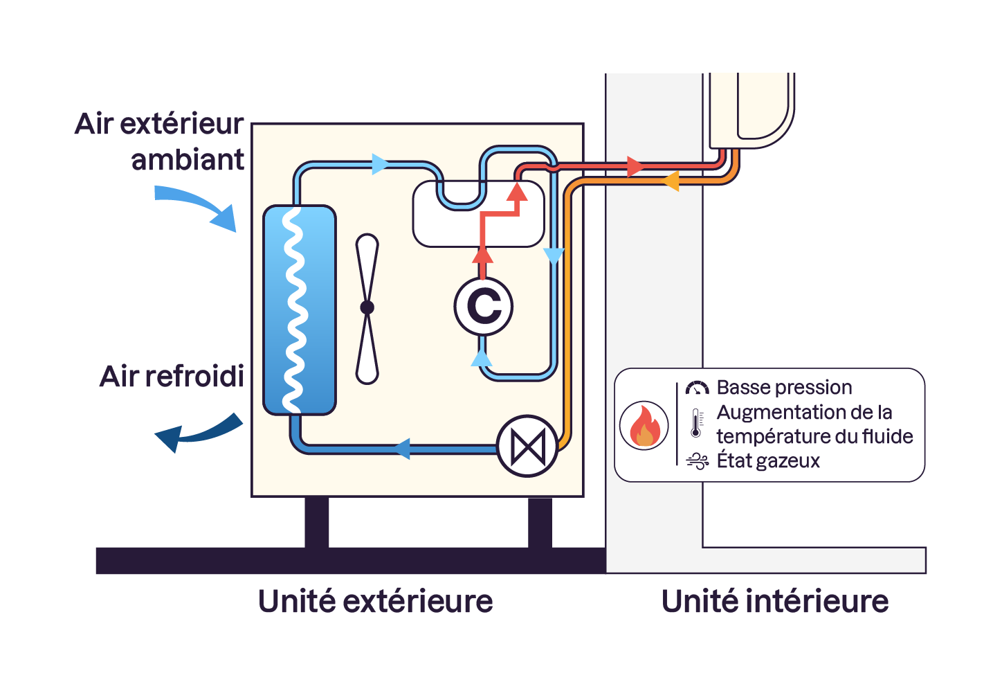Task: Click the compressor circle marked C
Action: (484, 306)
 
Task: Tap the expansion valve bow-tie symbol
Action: (527, 447)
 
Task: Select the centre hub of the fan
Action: (367, 307)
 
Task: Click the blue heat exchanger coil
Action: (299, 309)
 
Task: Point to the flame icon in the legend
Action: (644, 426)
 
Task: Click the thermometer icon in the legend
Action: (696, 423)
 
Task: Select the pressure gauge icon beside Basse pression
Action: (697, 388)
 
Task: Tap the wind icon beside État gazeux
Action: (697, 461)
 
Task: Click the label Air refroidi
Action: (172, 377)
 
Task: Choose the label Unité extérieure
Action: (375, 601)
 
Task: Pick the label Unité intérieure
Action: (774, 601)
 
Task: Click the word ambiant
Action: (188, 160)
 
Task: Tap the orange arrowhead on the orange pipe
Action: (670, 182)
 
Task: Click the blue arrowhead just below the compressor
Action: (482, 358)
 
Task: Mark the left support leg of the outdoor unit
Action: (316, 523)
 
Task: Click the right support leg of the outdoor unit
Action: (540, 523)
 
